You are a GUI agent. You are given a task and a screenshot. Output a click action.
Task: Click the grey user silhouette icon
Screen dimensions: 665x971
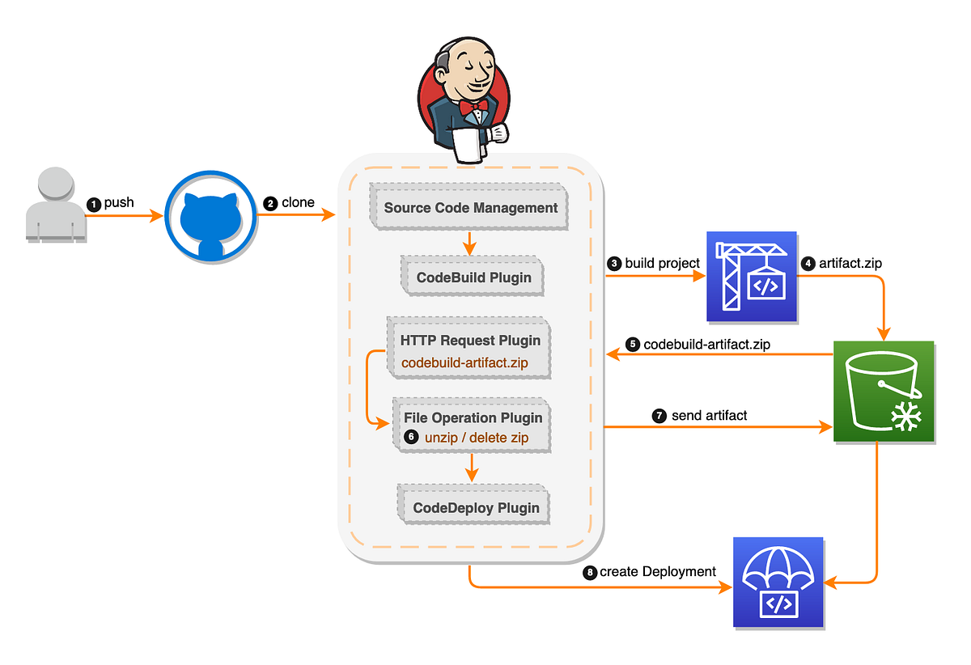tap(54, 205)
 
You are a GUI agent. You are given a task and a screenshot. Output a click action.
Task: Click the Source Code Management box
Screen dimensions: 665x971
tap(470, 208)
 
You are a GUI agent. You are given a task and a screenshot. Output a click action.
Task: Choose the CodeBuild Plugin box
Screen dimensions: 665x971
tap(473, 277)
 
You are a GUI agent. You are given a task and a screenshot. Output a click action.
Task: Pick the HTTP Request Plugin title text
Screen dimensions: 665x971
tap(469, 341)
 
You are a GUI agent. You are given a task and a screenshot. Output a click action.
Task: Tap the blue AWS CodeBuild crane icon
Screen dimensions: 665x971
tap(752, 276)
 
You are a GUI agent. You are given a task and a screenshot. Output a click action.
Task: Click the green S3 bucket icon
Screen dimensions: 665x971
tap(883, 392)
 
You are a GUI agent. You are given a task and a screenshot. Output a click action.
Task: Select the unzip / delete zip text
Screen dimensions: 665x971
tap(476, 438)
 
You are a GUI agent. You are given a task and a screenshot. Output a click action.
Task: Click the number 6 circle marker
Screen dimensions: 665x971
tap(411, 437)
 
